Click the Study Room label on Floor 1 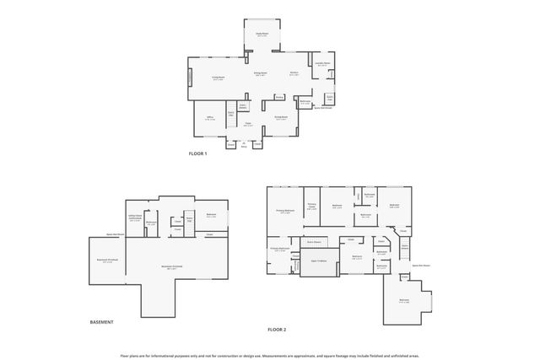pos(262,35)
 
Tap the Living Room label pos(218,78)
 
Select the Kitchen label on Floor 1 pos(294,73)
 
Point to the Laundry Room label pos(321,63)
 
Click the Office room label pos(210,118)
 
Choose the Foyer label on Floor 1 pos(248,125)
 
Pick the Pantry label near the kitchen pos(279,97)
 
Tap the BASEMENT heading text pos(101,322)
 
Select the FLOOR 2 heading pos(278,330)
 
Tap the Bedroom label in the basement pos(211,216)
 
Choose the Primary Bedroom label pos(285,211)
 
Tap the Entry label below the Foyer pos(243,145)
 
